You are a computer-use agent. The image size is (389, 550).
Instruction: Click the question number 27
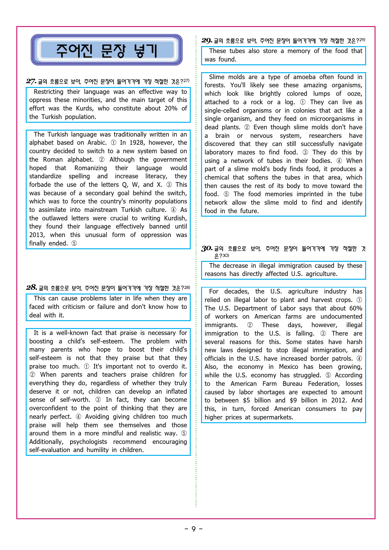[x=31, y=81]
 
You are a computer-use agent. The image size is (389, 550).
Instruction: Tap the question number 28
[x=31, y=288]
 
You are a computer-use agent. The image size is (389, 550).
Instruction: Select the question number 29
[x=207, y=40]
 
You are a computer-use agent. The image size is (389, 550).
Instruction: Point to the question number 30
[x=207, y=249]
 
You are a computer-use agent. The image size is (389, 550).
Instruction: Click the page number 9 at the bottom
[x=194, y=529]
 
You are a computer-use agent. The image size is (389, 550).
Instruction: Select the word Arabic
[x=97, y=143]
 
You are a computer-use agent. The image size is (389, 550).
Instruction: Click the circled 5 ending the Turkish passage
[x=74, y=244]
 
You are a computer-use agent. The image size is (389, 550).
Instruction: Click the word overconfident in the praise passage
[x=48, y=408]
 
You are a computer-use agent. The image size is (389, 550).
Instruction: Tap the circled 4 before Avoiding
[x=78, y=417]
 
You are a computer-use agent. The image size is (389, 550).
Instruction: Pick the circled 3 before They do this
[x=305, y=153]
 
